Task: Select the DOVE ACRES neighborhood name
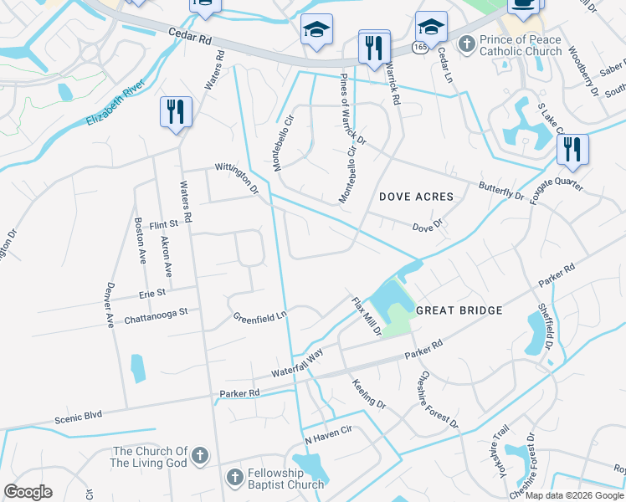[416, 197]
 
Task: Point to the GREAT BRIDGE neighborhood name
[459, 310]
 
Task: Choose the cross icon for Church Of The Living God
[199, 456]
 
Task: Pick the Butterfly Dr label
[500, 191]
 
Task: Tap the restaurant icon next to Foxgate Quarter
[572, 149]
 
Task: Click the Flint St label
[164, 224]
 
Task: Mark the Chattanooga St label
[156, 312]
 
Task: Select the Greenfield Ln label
[259, 317]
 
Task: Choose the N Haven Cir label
[328, 438]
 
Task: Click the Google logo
[28, 492]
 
